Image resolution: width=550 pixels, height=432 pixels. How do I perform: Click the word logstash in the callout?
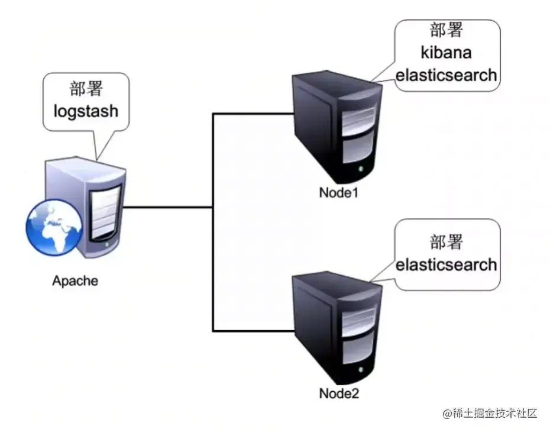coord(86,111)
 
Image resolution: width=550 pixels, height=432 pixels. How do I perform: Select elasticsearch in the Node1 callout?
coord(446,76)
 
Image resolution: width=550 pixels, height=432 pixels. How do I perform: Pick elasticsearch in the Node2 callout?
coord(446,264)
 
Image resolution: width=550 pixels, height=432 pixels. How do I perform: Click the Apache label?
coord(75,281)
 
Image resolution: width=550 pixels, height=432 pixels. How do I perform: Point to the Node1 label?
coord(339,193)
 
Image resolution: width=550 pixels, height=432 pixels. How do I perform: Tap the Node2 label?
coord(339,393)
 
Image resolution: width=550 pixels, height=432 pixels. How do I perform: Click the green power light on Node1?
coord(361,170)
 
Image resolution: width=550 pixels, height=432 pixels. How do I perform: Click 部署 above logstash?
coord(86,89)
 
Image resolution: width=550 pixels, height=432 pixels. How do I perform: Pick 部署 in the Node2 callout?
coord(446,241)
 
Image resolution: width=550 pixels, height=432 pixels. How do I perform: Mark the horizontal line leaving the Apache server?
coord(169,207)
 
